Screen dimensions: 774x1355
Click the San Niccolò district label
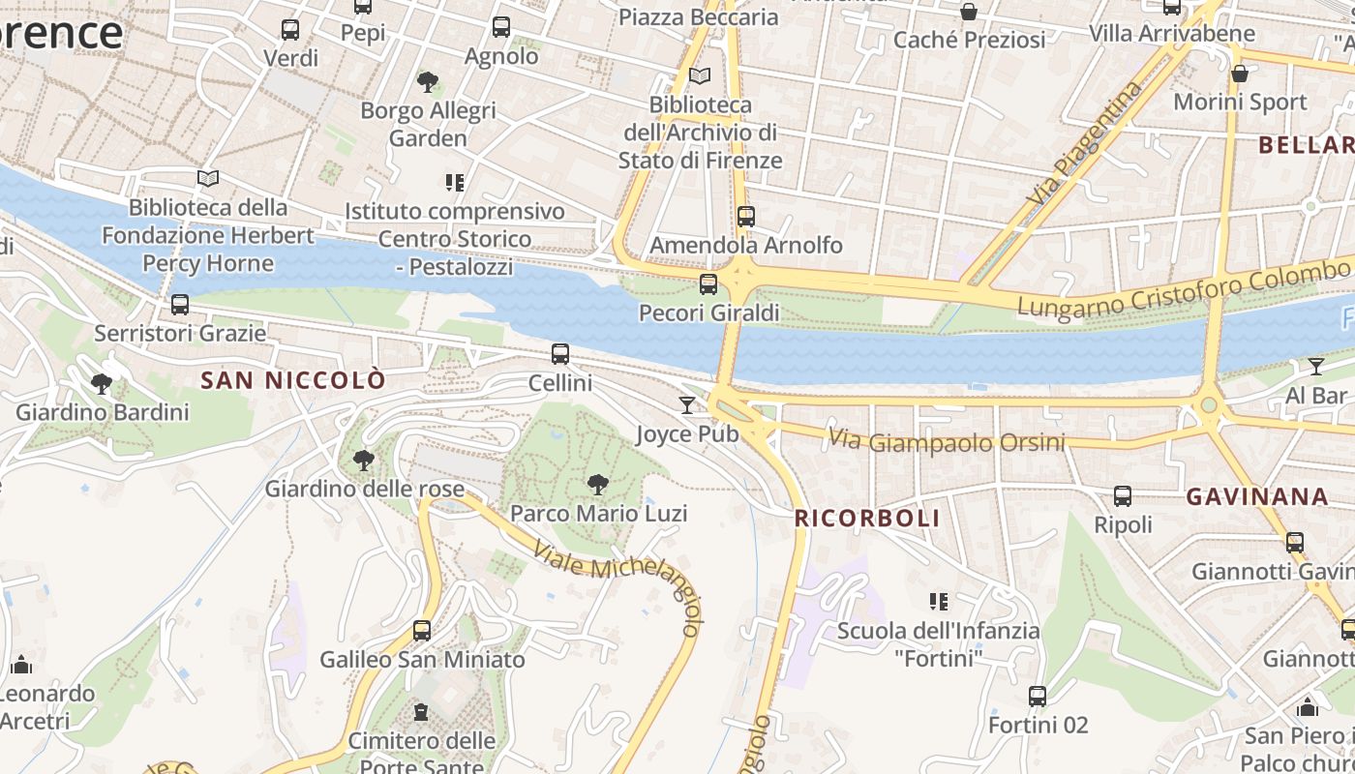pyautogui.click(x=292, y=380)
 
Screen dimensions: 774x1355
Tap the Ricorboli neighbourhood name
pyautogui.click(x=867, y=518)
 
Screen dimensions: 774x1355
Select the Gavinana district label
pyautogui.click(x=1257, y=496)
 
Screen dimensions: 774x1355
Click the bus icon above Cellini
pyautogui.click(x=560, y=354)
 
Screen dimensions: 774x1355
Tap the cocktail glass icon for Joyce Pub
pyautogui.click(x=687, y=404)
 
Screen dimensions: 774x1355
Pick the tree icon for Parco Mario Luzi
pyautogui.click(x=598, y=484)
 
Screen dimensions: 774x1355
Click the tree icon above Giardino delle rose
pyautogui.click(x=364, y=460)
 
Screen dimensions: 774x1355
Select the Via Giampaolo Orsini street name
pyautogui.click(x=946, y=441)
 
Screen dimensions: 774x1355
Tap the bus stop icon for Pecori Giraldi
pyautogui.click(x=708, y=283)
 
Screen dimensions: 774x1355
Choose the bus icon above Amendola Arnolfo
pyautogui.click(x=745, y=216)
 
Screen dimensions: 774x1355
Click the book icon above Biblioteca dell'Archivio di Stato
pyautogui.click(x=700, y=75)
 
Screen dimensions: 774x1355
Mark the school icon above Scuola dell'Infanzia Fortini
pyautogui.click(x=938, y=602)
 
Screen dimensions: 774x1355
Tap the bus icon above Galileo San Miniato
pyautogui.click(x=422, y=631)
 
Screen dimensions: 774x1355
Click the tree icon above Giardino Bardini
pyautogui.click(x=102, y=384)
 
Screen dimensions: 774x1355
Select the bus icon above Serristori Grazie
pyautogui.click(x=180, y=305)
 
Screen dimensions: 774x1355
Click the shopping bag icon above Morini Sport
pyautogui.click(x=1240, y=74)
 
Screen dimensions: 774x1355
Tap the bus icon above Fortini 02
pyautogui.click(x=1038, y=696)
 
